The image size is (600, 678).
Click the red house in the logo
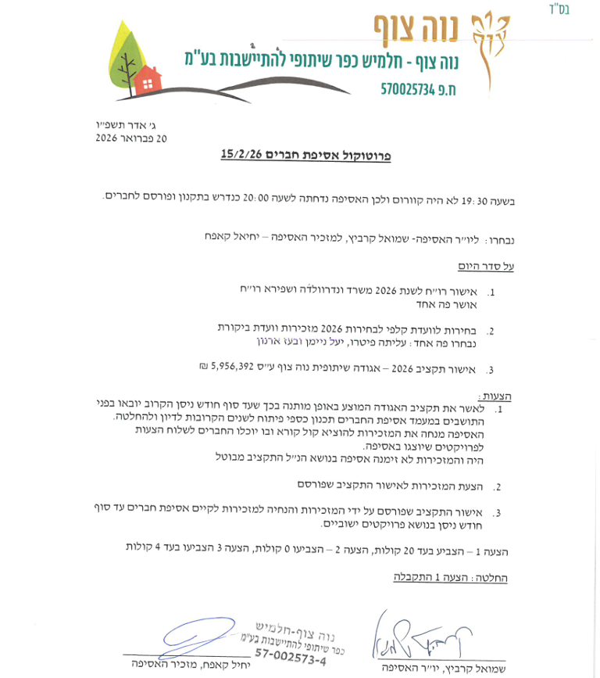[x=146, y=77]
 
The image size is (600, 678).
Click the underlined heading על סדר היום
[x=489, y=266]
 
